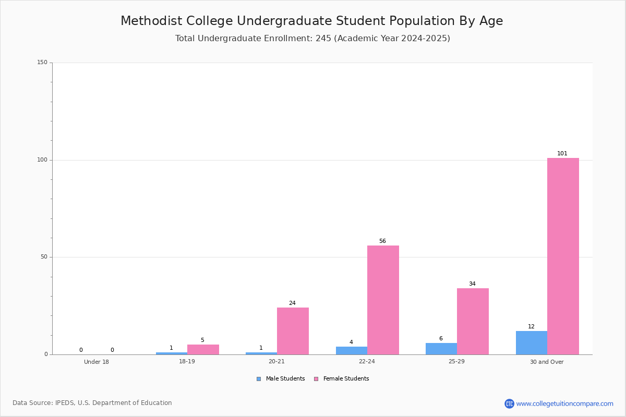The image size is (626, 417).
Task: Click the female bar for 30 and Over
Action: click(563, 256)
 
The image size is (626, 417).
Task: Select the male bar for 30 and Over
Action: click(532, 342)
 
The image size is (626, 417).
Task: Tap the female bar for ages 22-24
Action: click(383, 300)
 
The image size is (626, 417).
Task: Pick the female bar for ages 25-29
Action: click(473, 321)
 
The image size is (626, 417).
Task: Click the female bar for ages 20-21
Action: click(293, 331)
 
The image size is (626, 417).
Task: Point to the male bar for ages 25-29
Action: click(441, 349)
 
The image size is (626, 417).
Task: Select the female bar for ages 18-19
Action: click(203, 349)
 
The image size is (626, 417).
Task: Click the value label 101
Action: click(562, 154)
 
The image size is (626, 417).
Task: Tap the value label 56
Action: click(382, 241)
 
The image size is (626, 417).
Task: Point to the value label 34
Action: click(472, 284)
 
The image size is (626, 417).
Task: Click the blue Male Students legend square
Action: click(259, 379)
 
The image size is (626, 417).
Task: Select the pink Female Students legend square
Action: click(316, 379)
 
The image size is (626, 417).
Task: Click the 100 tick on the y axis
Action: click(42, 160)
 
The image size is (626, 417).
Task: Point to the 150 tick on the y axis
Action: click(42, 63)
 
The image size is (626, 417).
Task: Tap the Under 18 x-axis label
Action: click(97, 362)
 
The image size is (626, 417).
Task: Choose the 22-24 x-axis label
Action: click(367, 362)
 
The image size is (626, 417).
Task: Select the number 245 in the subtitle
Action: click(323, 39)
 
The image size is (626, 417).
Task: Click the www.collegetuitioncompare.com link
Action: click(564, 403)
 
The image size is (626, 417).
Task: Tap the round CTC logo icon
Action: click(509, 403)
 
